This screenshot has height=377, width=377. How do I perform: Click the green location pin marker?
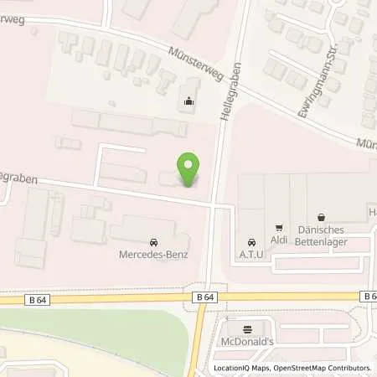pyautogui.click(x=189, y=170)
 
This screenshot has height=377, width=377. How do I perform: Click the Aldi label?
pyautogui.click(x=280, y=241)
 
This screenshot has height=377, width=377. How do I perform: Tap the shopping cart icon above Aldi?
pyautogui.click(x=280, y=227)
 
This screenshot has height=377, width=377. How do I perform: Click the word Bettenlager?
pyautogui.click(x=322, y=244)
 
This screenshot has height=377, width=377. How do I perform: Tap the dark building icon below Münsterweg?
pyautogui.click(x=188, y=103)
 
